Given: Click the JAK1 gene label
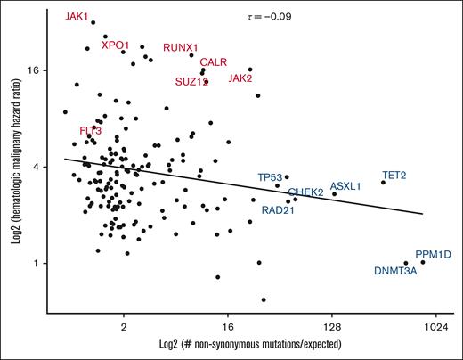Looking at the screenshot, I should coord(77,17).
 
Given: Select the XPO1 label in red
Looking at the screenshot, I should coord(116,45).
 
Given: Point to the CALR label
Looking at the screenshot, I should coord(215,62).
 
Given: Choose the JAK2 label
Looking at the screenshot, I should coord(240,78).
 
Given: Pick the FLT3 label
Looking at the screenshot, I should coord(90,131).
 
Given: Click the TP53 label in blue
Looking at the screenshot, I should coord(270,176).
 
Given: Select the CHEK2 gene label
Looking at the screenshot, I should coord(305,192).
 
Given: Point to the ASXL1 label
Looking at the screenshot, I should coord(345,186).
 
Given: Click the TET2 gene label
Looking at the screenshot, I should coord(394,175).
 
